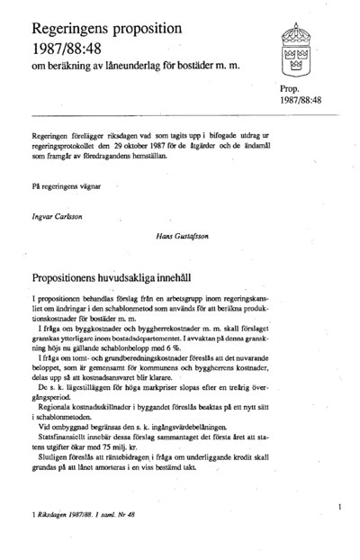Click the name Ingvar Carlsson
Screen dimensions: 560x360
click(x=59, y=217)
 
